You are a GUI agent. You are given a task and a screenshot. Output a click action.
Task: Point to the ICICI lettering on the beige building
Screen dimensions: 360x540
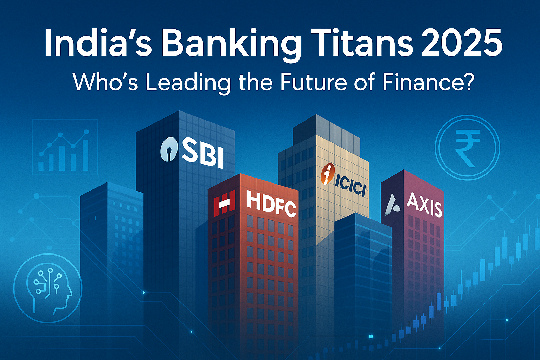(350, 187)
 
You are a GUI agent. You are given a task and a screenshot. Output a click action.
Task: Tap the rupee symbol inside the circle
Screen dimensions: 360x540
(467, 147)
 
